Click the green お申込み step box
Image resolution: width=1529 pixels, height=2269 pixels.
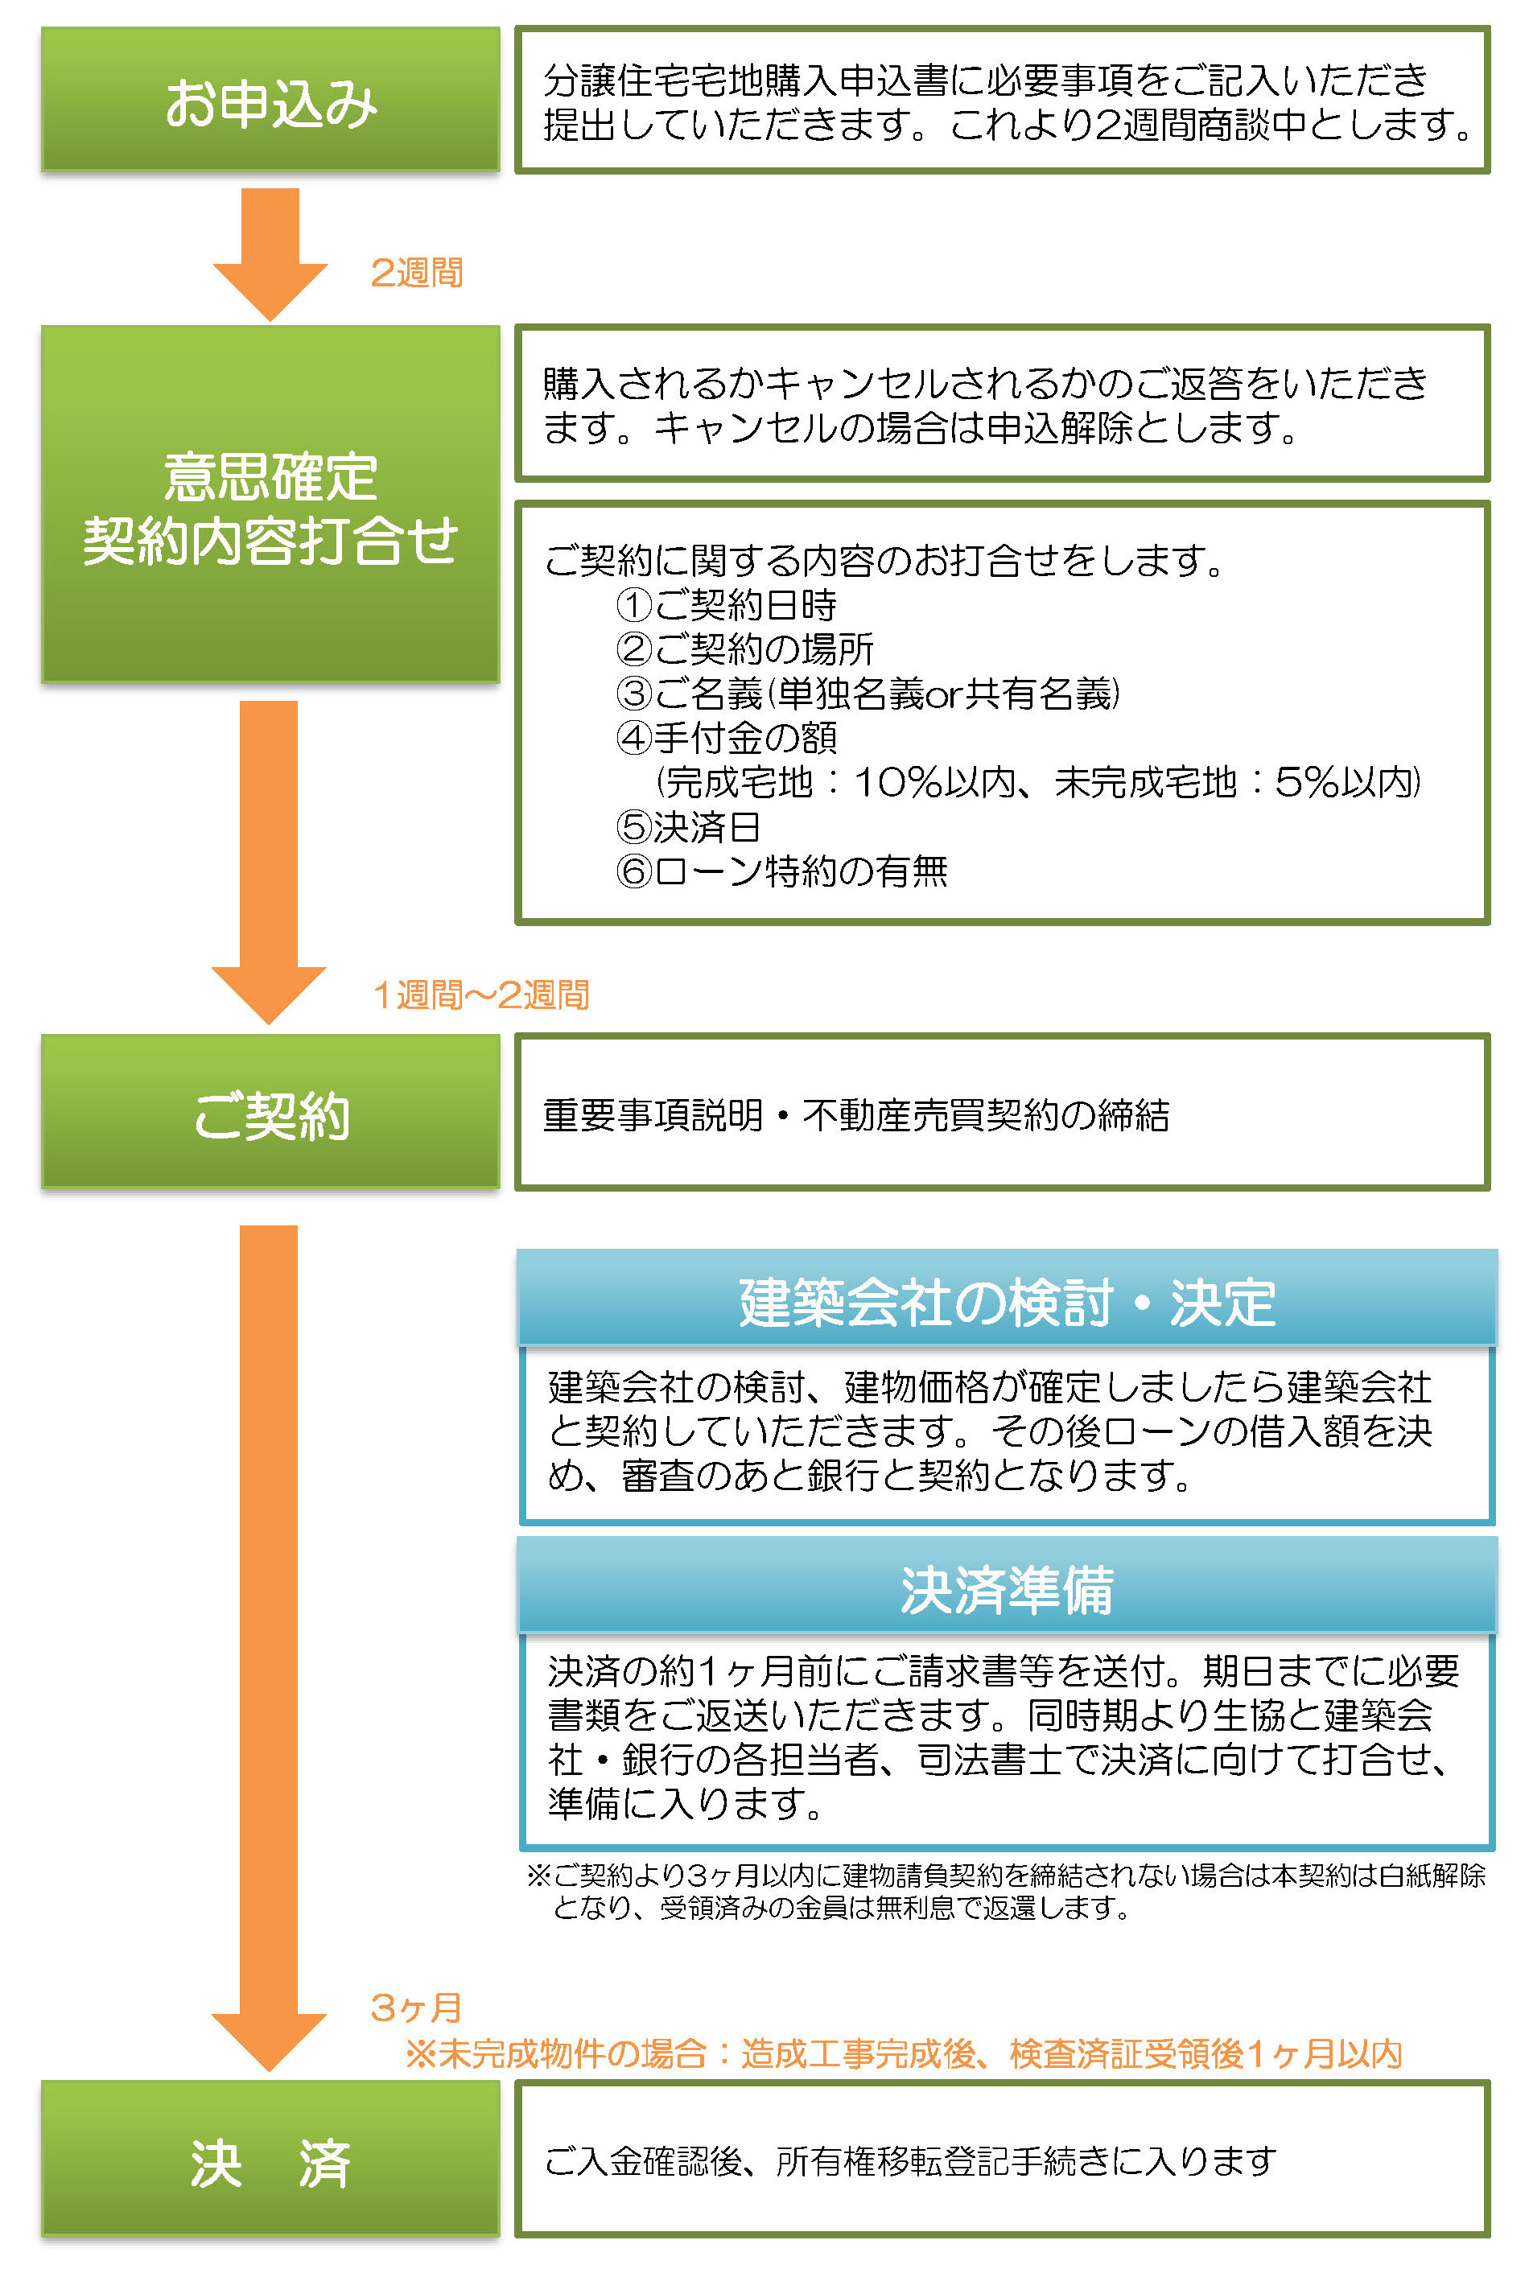click(x=270, y=100)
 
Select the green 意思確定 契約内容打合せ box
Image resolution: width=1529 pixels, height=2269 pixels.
click(x=270, y=504)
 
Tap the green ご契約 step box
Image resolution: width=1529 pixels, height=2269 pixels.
click(x=270, y=1112)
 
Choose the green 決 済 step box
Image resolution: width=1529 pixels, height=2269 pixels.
click(x=270, y=2158)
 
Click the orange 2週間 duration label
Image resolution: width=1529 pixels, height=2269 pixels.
click(x=416, y=272)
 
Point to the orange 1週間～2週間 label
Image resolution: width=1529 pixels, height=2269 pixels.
click(x=480, y=994)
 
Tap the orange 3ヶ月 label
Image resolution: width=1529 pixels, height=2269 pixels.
click(x=416, y=2008)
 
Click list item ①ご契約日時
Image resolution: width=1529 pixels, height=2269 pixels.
click(x=727, y=604)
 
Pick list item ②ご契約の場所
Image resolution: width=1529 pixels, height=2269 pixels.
click(x=745, y=649)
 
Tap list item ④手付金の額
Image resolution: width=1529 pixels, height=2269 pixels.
click(x=727, y=737)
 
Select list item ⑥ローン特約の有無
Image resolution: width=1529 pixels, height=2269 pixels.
click(x=782, y=871)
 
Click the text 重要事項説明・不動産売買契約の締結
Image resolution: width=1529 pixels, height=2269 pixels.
click(x=856, y=1114)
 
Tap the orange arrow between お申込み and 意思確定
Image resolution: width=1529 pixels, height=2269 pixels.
click(x=270, y=254)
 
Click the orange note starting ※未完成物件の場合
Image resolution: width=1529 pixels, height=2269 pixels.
click(x=904, y=2053)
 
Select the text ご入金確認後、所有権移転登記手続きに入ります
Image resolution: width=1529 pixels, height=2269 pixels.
click(x=910, y=2160)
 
